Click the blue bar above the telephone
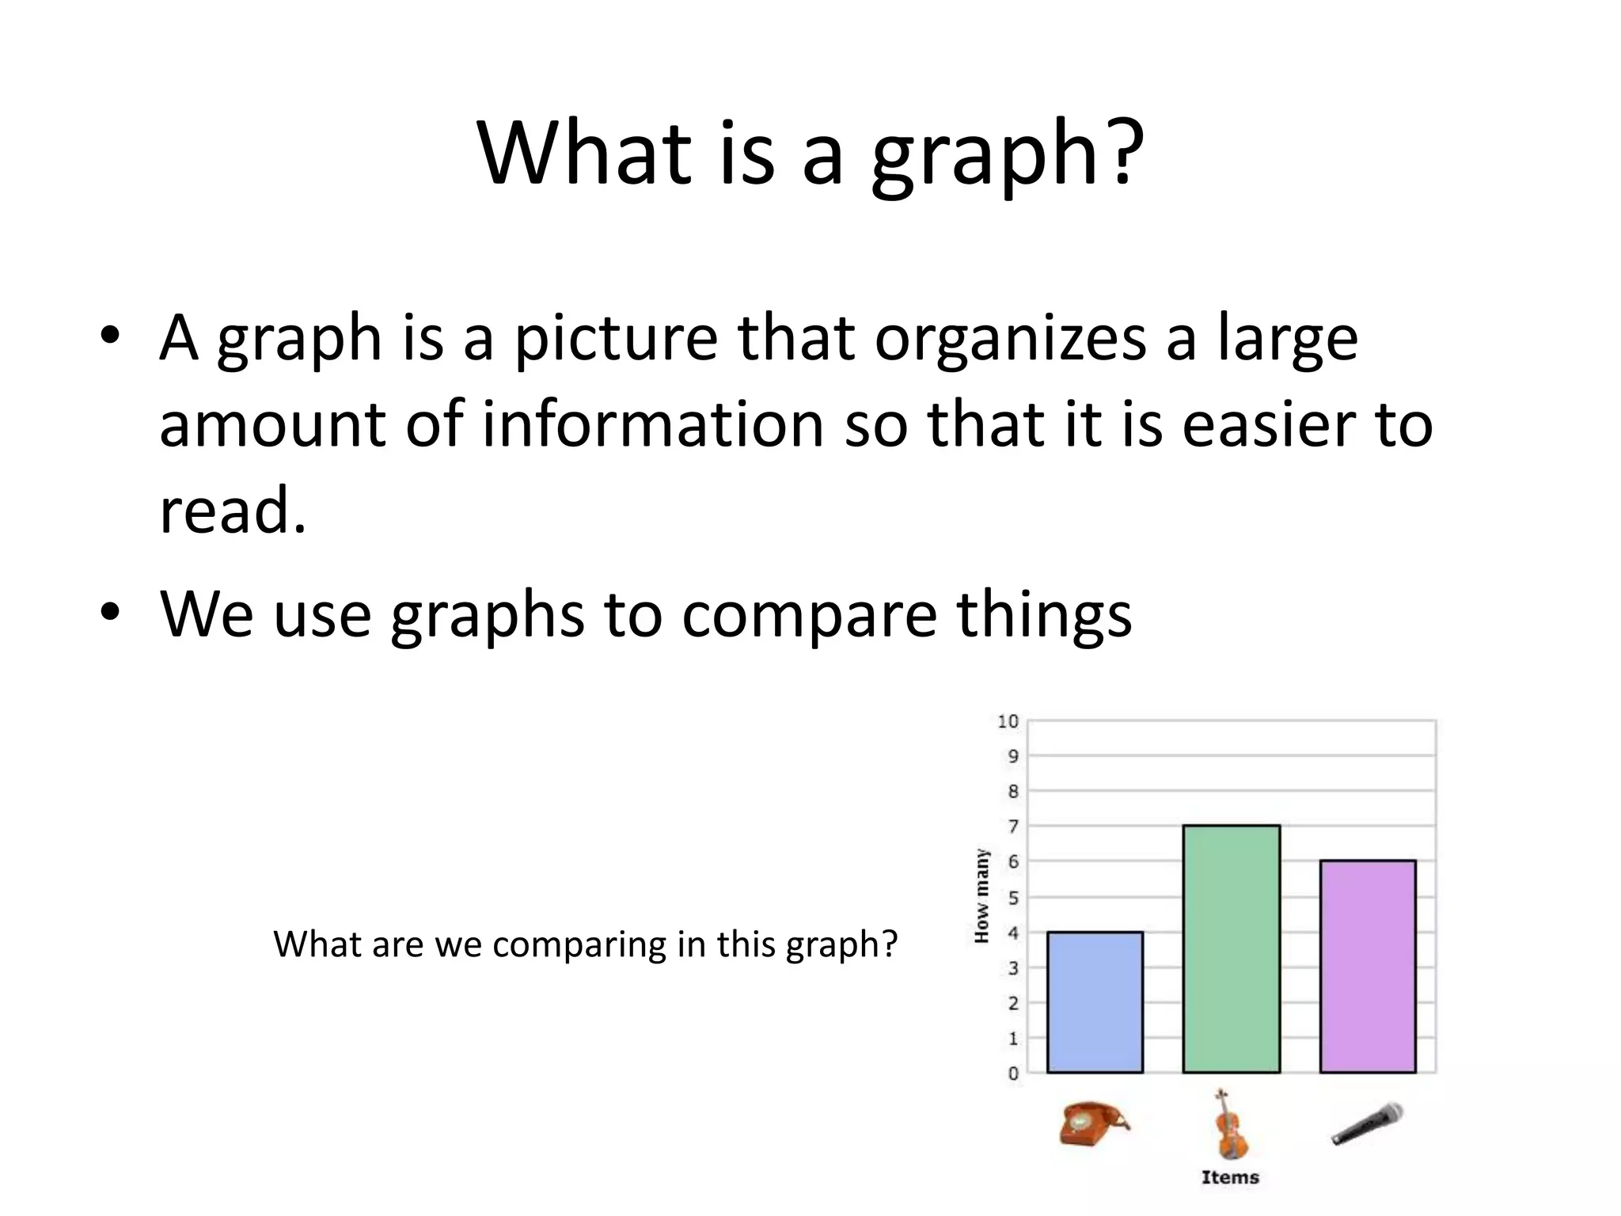tap(1095, 1002)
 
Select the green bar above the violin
tap(1231, 949)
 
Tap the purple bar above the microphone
tap(1367, 967)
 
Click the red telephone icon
tap(1093, 1123)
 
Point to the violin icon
tap(1229, 1124)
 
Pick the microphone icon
tap(1367, 1124)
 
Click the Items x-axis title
tap(1230, 1177)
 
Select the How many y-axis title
tap(981, 896)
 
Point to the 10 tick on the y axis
tap(1008, 721)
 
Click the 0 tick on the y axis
tap(1013, 1073)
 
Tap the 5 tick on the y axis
tap(1013, 898)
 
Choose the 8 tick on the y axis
tap(1013, 792)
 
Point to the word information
tap(653, 424)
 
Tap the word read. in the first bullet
tap(232, 511)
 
